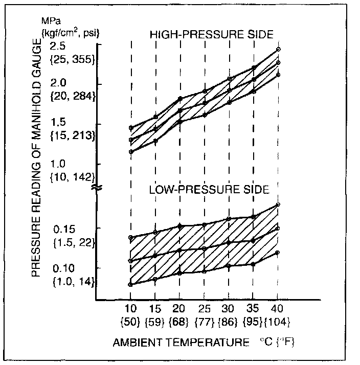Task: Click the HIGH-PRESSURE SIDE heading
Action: (x=211, y=34)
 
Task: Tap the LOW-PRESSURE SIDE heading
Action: (x=209, y=190)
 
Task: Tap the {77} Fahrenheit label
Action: (x=205, y=322)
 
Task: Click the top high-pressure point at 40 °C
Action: (x=278, y=50)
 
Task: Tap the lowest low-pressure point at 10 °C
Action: (x=131, y=284)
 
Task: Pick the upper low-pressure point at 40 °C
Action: (x=278, y=204)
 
